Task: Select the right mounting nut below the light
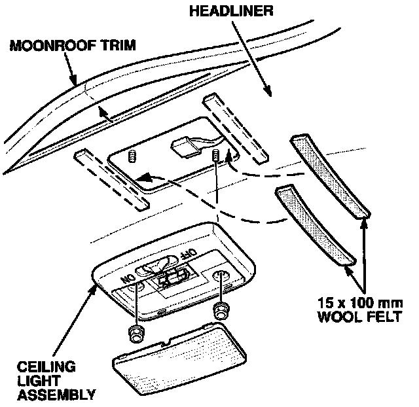221,310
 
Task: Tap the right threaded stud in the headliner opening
216,156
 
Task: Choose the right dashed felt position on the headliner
235,129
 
